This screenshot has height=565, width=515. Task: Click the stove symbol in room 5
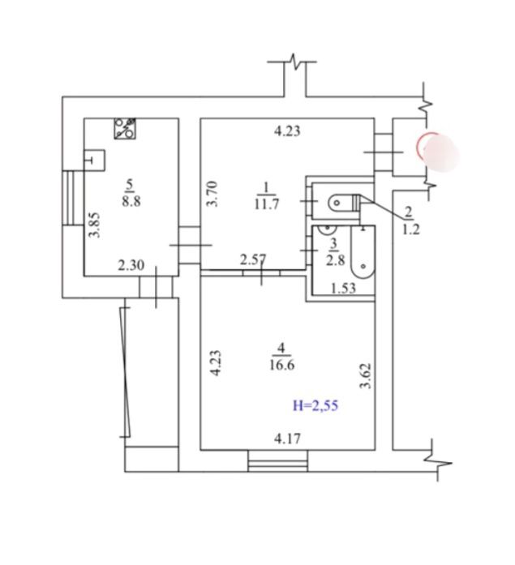[125, 129]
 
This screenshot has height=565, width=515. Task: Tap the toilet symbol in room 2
[344, 202]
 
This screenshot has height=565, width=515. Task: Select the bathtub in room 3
[363, 252]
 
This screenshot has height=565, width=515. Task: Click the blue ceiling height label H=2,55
[315, 406]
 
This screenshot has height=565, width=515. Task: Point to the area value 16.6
[281, 365]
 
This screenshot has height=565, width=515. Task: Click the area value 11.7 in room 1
[266, 204]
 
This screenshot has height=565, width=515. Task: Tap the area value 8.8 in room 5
[131, 201]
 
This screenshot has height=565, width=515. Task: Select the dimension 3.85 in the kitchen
[95, 225]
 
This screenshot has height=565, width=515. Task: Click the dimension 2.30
[131, 266]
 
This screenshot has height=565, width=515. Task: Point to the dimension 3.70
[212, 194]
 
